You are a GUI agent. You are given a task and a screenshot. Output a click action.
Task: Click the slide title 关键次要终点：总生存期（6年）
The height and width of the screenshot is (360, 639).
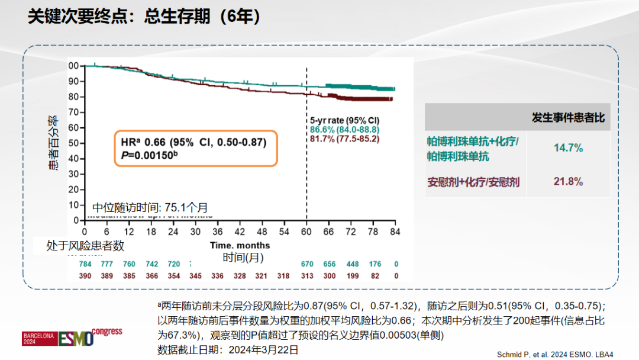point(145,17)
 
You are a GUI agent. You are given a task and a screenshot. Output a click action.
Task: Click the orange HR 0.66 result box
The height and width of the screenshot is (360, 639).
point(195,148)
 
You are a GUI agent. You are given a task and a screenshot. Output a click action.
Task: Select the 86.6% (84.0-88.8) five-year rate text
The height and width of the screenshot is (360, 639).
point(344,129)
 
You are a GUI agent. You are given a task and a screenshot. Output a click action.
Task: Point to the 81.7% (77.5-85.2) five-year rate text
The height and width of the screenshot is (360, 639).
point(344,138)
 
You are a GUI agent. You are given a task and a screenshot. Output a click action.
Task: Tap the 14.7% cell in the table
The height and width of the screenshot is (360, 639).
point(568,148)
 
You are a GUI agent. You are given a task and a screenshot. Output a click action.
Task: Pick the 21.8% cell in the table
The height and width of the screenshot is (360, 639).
point(568,181)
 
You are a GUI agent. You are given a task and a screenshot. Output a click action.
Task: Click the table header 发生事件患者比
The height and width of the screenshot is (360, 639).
point(568,118)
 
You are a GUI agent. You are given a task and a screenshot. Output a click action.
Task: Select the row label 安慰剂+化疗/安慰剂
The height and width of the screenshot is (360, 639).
point(473,182)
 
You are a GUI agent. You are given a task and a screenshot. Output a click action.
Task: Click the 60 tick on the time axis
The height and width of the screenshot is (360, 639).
point(306,231)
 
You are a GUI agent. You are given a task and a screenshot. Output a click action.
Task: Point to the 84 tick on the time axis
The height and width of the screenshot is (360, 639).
point(395,231)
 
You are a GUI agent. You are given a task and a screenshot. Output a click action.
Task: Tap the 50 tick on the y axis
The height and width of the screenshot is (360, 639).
point(74,143)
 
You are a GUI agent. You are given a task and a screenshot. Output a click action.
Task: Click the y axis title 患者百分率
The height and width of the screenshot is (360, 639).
point(53,143)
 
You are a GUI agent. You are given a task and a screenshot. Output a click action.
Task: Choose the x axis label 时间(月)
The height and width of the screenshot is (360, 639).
point(243,257)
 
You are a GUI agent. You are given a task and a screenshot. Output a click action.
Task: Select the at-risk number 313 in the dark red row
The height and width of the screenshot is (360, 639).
point(306,276)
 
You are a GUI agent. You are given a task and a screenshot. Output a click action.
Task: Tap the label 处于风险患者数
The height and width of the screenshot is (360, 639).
point(85,246)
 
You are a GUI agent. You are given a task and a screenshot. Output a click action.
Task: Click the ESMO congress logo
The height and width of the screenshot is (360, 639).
point(72,337)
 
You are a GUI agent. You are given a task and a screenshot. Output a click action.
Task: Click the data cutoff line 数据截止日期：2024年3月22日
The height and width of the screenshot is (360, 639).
point(228,349)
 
